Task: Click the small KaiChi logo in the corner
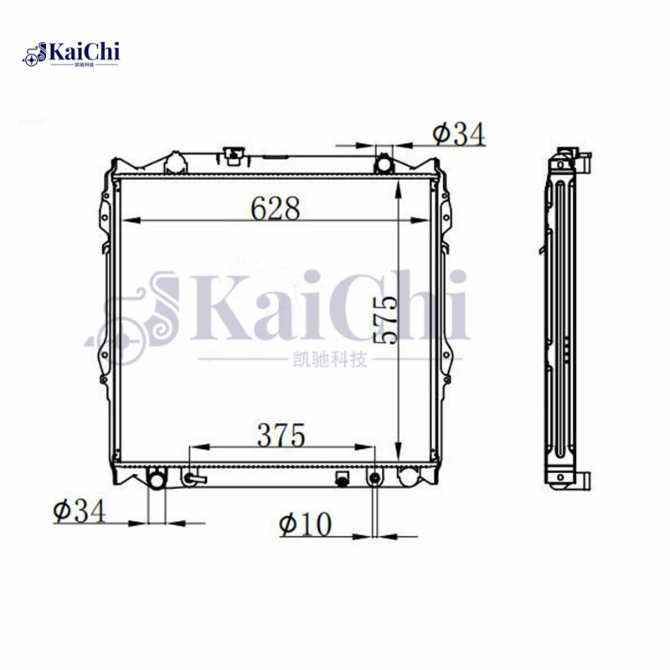tap(71, 54)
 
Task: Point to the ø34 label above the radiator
tap(458, 132)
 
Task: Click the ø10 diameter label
tap(306, 524)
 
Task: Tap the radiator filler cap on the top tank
tap(234, 155)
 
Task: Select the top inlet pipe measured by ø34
tap(384, 162)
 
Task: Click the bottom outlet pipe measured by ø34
tap(157, 479)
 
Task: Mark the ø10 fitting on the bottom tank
tap(374, 478)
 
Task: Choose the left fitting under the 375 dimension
tap(193, 479)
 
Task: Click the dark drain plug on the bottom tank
tap(342, 479)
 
